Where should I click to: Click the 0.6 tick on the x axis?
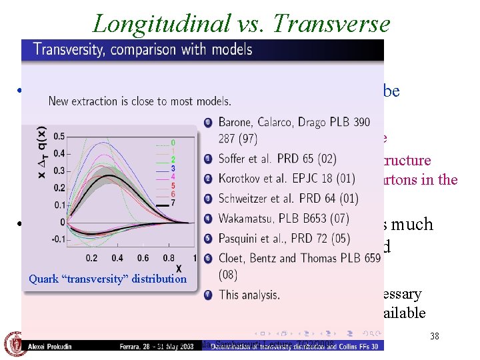pos(142,258)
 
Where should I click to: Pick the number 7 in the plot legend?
pos(173,203)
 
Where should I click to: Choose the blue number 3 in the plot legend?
pos(173,169)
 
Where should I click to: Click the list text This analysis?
pos(249,294)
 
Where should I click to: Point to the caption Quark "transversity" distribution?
pos(108,279)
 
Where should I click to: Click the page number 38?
pos(434,336)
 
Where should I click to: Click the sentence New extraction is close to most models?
pos(140,101)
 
